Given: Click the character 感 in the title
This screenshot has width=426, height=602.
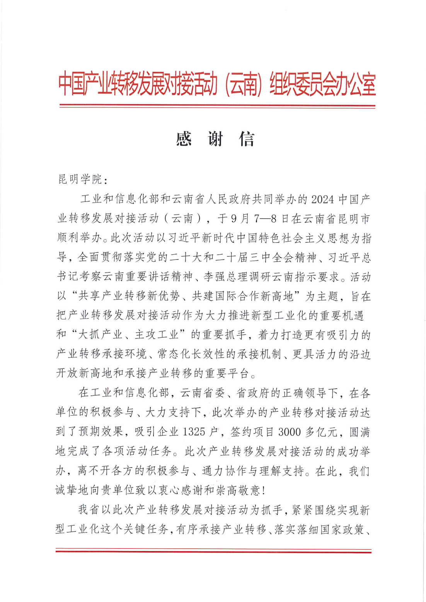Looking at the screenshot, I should (x=184, y=139).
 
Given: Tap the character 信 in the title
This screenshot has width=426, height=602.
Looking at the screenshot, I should (x=247, y=139).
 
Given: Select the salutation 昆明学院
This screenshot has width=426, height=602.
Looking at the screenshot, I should (x=80, y=179).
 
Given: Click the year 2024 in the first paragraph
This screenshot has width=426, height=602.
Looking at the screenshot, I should (x=322, y=199).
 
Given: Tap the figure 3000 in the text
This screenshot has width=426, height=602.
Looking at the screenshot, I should (x=289, y=431).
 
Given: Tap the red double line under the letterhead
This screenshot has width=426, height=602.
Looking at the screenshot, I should (x=217, y=106).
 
